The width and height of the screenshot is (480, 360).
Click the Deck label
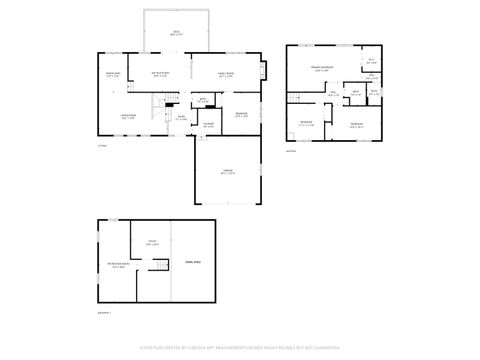[x=176, y=34]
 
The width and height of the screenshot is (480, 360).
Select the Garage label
[x=228, y=172]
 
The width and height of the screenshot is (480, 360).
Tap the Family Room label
[x=227, y=74]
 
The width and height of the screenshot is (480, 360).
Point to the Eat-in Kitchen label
[x=160, y=74]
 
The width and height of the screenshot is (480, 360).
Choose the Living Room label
[x=128, y=117]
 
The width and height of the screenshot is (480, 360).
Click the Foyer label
[x=181, y=118]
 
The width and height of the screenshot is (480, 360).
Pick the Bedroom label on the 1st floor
[x=241, y=114]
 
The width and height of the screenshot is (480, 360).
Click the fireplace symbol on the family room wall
[x=264, y=72]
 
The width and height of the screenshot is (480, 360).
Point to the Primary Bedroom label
[x=320, y=69]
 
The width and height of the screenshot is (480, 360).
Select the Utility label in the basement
[x=153, y=242]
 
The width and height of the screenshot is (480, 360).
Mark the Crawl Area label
[x=193, y=261]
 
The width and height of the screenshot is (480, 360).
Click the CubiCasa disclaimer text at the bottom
[x=240, y=350]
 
